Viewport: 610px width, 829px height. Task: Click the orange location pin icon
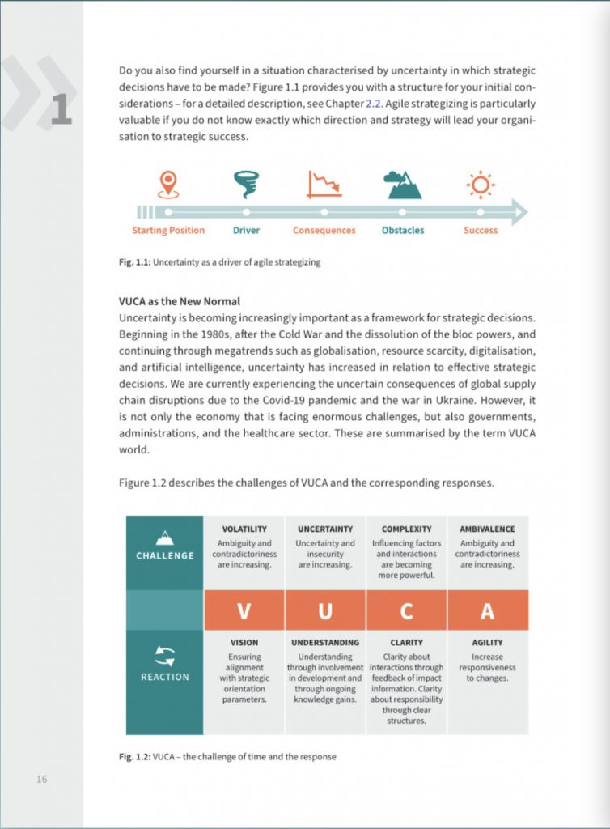[x=168, y=184]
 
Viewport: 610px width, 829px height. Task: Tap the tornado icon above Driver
[x=246, y=184]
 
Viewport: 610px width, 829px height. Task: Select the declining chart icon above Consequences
[x=324, y=184]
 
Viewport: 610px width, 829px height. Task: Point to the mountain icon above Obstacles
[x=403, y=185]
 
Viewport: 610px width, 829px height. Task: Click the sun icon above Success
[x=481, y=185]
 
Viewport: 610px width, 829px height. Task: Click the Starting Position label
[x=168, y=231]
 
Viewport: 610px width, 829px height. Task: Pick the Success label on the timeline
[x=481, y=231]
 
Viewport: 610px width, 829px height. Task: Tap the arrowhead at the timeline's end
[x=519, y=212]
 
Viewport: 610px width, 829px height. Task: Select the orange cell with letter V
[x=244, y=610]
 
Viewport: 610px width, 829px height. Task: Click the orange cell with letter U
[x=325, y=610]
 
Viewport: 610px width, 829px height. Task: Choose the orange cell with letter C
[x=406, y=610]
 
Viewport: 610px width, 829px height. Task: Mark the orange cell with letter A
[x=488, y=610]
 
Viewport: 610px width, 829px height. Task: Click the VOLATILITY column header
[x=244, y=529]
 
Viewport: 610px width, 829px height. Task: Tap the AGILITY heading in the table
[x=488, y=643]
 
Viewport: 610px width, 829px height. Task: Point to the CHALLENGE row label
[x=165, y=555]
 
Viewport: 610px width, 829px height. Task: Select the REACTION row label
[x=165, y=677]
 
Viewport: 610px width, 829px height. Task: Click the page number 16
[x=41, y=779]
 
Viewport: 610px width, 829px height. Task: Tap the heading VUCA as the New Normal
[x=179, y=301]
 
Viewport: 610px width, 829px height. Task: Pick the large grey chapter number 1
[x=61, y=111]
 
